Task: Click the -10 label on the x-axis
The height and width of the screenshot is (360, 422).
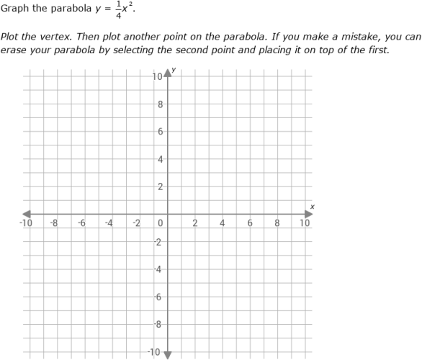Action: [x=26, y=223]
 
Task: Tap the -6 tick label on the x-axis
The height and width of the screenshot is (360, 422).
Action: [x=81, y=223]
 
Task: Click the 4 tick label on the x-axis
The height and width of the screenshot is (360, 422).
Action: [x=223, y=223]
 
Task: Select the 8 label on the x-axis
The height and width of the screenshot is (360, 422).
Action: [x=277, y=223]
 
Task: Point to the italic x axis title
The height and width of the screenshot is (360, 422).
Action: [x=312, y=207]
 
